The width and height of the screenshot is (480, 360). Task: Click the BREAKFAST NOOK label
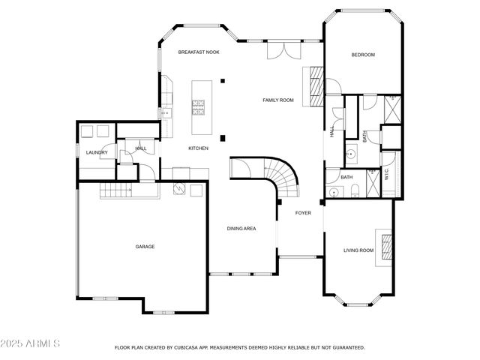coord(198,52)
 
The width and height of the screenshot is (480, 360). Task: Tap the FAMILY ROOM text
coord(277,100)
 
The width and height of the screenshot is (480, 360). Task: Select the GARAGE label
coord(145,246)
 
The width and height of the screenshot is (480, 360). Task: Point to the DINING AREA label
coord(241,228)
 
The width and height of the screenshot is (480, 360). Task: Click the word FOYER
coord(302,213)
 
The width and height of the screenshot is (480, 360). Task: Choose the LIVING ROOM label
coord(358,250)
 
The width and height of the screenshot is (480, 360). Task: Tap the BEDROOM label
coord(363,55)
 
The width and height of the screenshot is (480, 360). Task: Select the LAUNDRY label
coord(97,152)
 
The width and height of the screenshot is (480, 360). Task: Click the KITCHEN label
coord(198,148)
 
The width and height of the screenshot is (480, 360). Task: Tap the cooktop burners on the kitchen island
coord(199,109)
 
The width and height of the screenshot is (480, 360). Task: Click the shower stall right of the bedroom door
coord(391,109)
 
